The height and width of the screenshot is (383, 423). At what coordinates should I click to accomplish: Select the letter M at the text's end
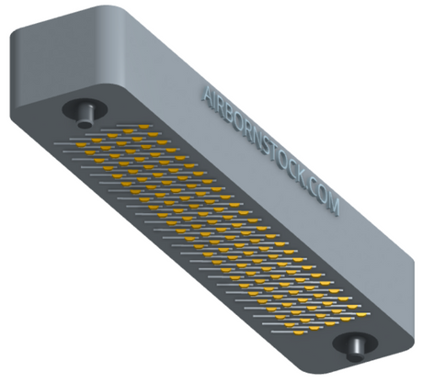coord(334,207)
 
